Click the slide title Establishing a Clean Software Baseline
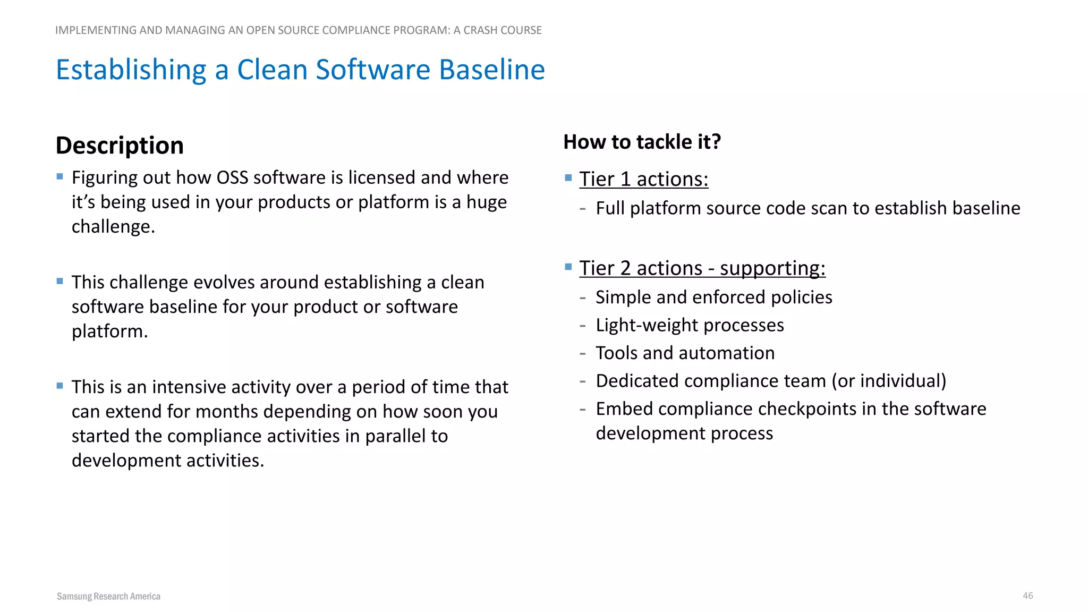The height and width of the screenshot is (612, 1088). tap(300, 70)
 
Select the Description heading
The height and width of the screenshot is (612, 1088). tap(120, 146)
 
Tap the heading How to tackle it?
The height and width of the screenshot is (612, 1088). tap(642, 142)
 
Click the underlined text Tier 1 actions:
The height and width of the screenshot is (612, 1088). tap(643, 179)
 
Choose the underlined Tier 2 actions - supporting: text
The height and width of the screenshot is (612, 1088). tap(702, 268)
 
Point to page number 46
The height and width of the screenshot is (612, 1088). tap(1027, 596)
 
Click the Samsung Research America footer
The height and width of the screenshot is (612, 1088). tap(108, 596)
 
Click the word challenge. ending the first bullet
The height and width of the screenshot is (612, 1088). tap(113, 227)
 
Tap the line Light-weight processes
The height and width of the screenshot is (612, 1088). tap(689, 325)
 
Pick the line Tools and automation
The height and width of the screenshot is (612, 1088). tap(685, 353)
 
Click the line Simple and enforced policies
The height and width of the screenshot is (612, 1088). tap(713, 297)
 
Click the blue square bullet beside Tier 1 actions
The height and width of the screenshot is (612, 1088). tap(568, 177)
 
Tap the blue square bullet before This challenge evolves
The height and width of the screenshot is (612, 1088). tap(59, 281)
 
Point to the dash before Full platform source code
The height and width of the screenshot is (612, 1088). tap(583, 209)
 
